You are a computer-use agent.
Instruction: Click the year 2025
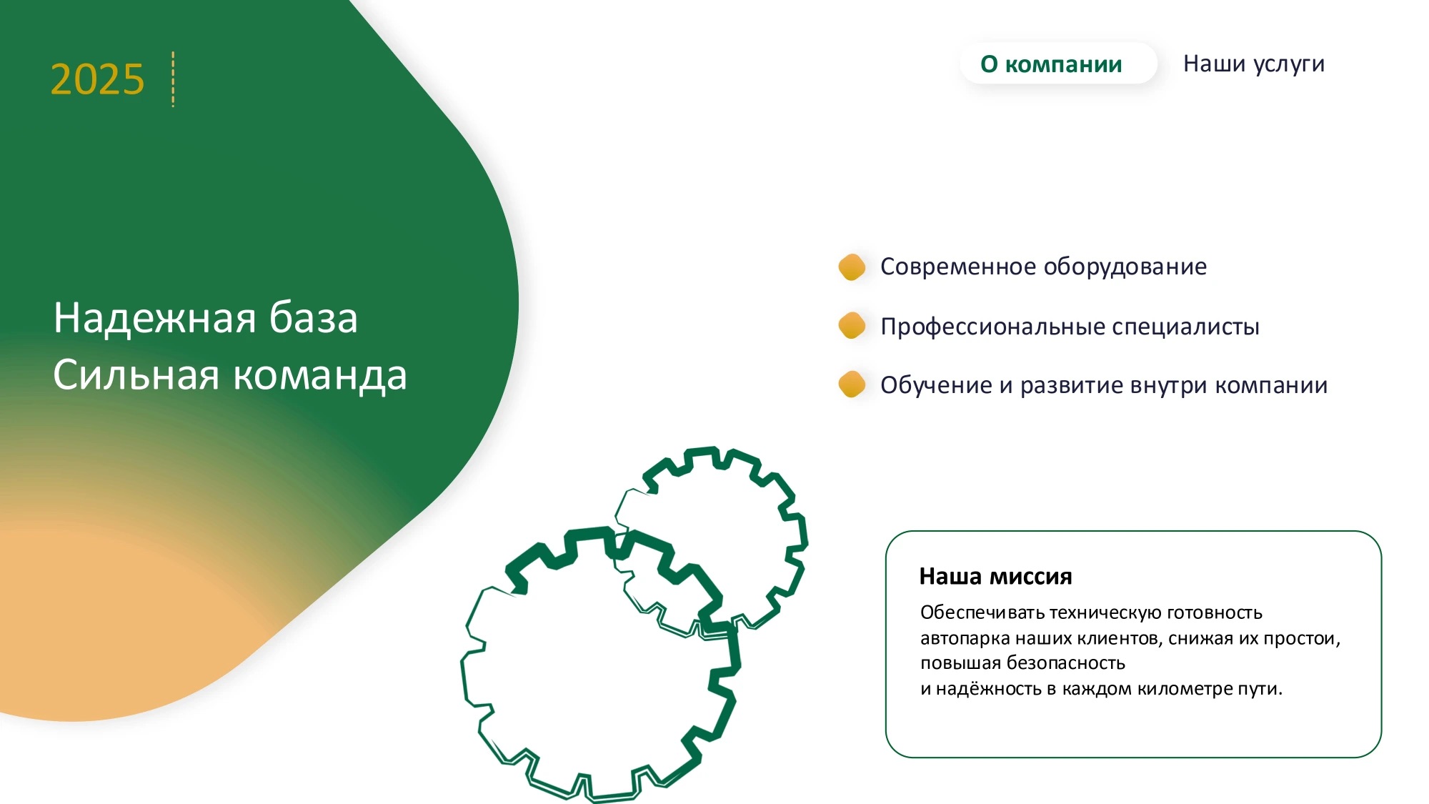97,79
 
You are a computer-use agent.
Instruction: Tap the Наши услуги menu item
1254,64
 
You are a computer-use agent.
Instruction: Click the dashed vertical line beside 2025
173,79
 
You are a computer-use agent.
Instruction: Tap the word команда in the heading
320,376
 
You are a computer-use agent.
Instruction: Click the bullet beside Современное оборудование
852,267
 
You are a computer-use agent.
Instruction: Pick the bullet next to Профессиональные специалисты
852,325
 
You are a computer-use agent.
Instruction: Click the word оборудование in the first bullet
1125,267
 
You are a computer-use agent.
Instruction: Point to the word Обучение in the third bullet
936,385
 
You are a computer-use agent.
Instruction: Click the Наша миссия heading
995,576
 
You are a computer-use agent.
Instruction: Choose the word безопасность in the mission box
1065,663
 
